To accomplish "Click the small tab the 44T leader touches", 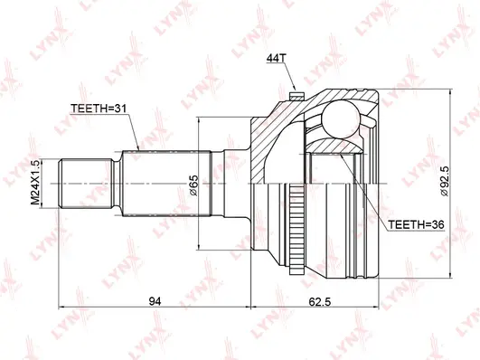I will pyautogui.click(x=295, y=90).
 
